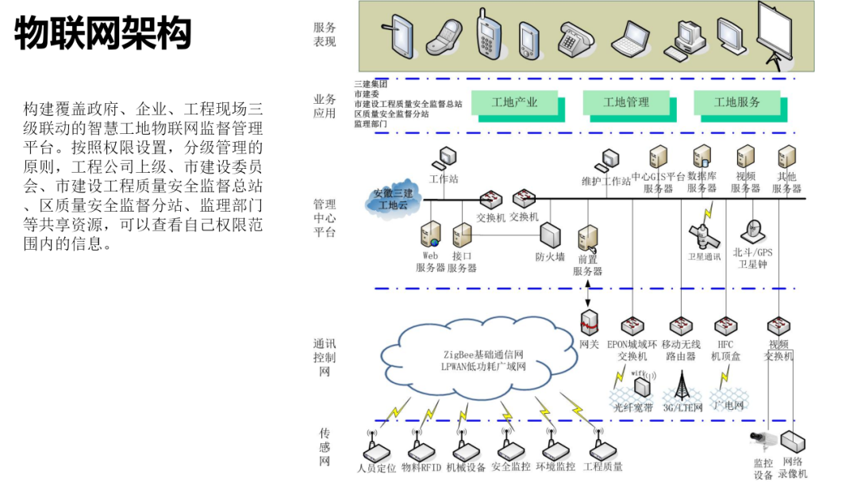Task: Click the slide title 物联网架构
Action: [103, 34]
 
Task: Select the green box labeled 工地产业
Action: [514, 102]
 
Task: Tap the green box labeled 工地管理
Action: [626, 102]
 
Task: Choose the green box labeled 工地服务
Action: [736, 102]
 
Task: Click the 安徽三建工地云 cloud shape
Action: [394, 199]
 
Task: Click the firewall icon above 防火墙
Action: [550, 235]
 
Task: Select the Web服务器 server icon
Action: [431, 235]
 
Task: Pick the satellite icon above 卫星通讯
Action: [701, 235]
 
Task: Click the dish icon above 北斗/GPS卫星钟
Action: [751, 231]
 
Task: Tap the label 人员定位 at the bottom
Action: [377, 468]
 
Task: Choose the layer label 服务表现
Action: [325, 34]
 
